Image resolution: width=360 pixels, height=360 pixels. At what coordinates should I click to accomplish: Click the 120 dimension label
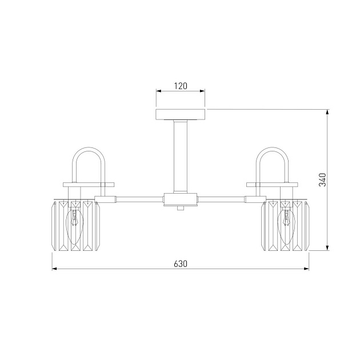(181, 86)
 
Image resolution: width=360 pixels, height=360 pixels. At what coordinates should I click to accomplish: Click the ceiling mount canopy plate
(181, 114)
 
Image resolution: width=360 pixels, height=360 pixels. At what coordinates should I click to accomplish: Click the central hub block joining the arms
(181, 199)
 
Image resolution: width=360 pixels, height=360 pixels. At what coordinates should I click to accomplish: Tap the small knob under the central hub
(181, 209)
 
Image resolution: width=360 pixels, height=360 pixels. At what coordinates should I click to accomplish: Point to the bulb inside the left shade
(75, 220)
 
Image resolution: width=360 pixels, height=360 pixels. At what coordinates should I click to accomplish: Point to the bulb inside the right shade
(286, 220)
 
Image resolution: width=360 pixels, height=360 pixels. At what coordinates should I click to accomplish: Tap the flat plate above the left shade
(88, 184)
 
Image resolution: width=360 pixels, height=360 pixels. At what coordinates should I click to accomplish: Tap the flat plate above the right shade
(273, 184)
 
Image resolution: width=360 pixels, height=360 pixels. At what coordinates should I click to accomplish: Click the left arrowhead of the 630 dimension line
(54, 269)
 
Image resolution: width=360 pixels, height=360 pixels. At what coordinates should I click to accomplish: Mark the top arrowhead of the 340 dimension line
(327, 111)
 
